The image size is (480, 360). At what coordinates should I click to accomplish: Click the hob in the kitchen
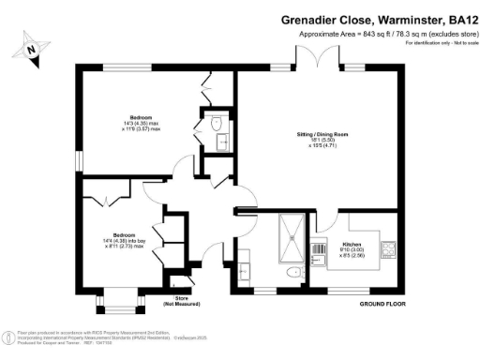point(389,249)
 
